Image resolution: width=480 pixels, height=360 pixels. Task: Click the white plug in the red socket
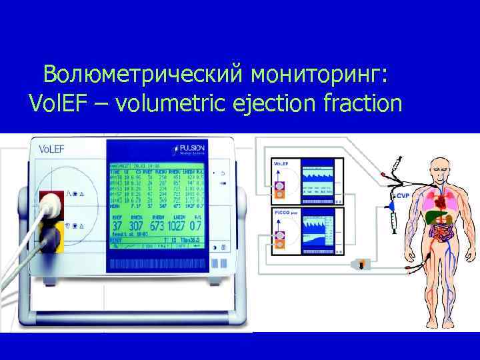[49, 205]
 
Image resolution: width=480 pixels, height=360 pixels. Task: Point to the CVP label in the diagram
[402, 197]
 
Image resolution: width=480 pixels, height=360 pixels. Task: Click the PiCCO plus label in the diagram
[285, 211]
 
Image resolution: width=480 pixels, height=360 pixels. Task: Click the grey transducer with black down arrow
[363, 265]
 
